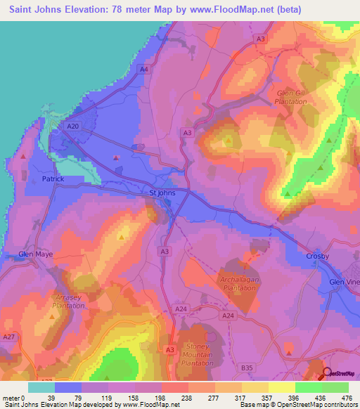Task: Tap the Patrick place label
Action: click(x=53, y=179)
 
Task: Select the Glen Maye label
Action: click(x=36, y=254)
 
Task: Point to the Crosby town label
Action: click(x=319, y=256)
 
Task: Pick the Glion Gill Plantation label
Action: click(x=291, y=97)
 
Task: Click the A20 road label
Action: click(x=71, y=126)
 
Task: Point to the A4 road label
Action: click(x=143, y=69)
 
